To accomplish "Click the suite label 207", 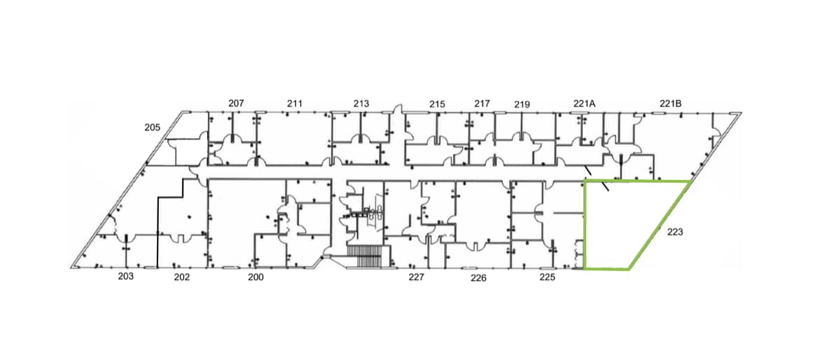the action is click(x=236, y=103).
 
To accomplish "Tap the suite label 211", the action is click(x=295, y=103).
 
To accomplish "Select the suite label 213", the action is click(x=361, y=104).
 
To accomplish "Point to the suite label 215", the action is click(x=437, y=104).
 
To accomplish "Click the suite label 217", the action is click(x=482, y=104).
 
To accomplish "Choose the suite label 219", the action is click(x=522, y=105).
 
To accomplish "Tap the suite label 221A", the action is click(x=584, y=104).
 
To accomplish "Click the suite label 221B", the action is click(x=671, y=104).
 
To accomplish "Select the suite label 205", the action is click(x=153, y=127).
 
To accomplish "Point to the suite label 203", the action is click(x=126, y=277).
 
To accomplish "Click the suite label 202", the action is click(x=182, y=277).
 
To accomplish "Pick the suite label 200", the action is click(x=256, y=277).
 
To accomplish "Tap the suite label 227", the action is click(x=416, y=277).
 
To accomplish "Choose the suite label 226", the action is click(x=478, y=278).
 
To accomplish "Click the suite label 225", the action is click(x=547, y=277).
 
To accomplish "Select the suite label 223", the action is click(x=675, y=232).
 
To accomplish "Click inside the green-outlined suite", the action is click(x=621, y=223).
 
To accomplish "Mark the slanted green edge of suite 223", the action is click(x=660, y=226).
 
